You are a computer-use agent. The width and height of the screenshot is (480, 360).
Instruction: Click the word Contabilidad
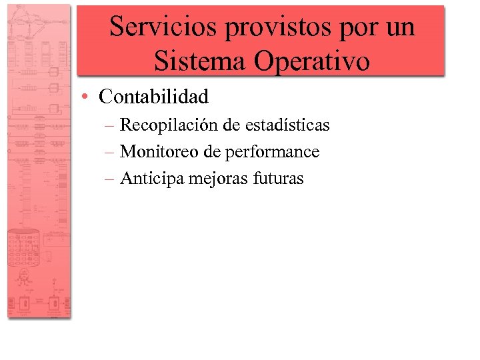(153, 97)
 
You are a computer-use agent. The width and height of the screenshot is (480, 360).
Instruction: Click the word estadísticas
(288, 125)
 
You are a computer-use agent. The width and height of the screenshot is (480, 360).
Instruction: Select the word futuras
(279, 179)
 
